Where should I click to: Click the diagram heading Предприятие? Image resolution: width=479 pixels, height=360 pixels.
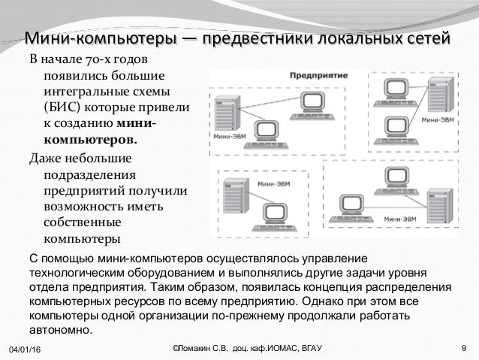[312, 77]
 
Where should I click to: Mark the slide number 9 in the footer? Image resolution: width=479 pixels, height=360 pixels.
[465, 349]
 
